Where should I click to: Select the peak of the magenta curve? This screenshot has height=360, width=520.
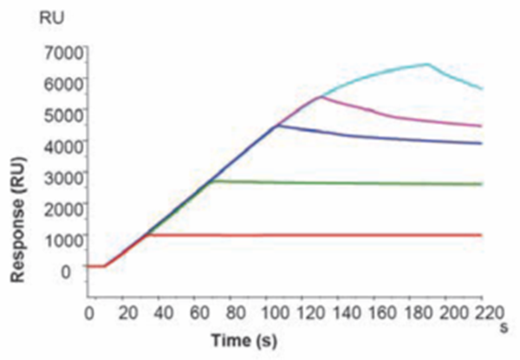tap(321, 96)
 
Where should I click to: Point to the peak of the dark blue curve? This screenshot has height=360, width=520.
tap(277, 126)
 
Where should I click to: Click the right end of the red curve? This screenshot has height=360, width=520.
tap(481, 234)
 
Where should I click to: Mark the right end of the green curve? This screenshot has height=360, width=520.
tap(481, 184)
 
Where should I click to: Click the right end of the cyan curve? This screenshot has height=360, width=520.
tap(481, 88)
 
